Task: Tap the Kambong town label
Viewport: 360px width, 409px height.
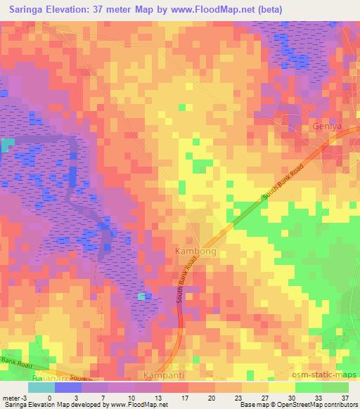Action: (190, 250)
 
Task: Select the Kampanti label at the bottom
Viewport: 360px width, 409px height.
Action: (164, 375)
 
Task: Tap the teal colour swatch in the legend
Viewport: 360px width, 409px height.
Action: (41, 387)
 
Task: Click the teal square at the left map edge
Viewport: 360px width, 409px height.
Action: (7, 145)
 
